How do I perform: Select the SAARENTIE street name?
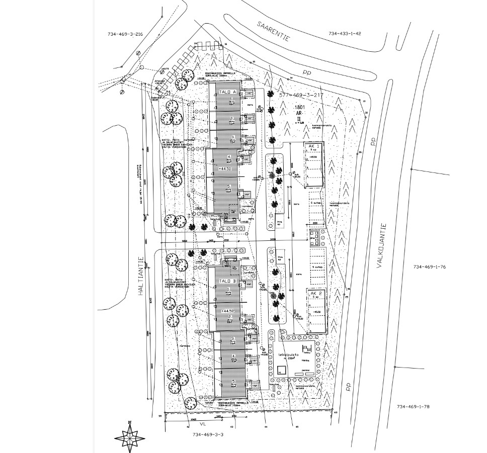(x=274, y=31)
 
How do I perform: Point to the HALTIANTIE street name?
(x=142, y=274)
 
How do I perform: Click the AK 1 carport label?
(x=314, y=146)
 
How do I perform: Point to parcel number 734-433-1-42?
(x=345, y=34)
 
